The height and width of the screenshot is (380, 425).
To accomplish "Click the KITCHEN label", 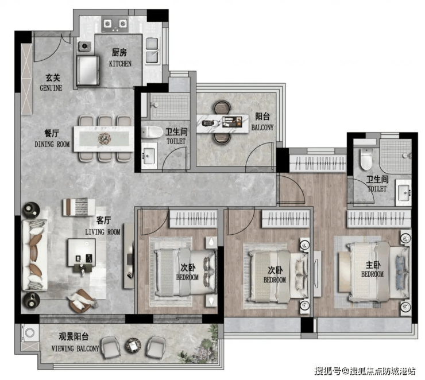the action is point(120,64).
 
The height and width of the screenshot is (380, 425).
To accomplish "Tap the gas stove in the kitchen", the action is point(115,24).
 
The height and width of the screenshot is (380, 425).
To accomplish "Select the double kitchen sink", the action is point(152,51).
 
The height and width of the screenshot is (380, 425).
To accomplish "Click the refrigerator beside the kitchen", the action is point(87,71).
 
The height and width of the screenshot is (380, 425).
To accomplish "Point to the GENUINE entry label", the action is point(51,88).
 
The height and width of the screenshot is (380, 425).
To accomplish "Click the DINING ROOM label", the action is point(52,144).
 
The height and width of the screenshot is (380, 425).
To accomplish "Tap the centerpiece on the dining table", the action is point(105,138).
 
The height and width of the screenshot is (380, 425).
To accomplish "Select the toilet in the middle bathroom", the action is point(151,132).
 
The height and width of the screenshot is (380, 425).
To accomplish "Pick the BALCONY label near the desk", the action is point(262,127).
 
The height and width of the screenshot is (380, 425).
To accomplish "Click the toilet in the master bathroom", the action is point(366,159).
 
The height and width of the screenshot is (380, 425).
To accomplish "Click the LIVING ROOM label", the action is point(103,232).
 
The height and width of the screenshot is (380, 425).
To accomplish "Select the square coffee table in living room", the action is point(82,252).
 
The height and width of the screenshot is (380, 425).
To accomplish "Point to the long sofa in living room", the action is point(34,255).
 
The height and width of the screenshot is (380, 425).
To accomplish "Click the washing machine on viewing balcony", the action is point(29,332).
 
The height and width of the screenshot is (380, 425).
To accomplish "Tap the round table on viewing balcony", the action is point(133,346).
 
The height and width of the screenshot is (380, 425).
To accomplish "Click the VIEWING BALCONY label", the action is point(75,348).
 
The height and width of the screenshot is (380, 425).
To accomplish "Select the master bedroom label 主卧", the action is point(373,265).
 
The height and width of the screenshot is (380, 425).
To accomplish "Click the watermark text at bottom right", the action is point(365,370).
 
